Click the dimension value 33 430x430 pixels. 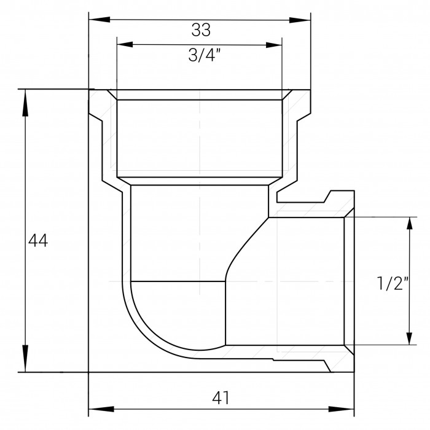(x=201, y=30)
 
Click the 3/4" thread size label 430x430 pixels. (x=205, y=55)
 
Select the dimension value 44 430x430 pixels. (x=38, y=241)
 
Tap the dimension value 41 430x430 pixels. (x=221, y=397)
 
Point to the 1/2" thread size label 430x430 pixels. (x=393, y=283)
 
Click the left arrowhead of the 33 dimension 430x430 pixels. (x=100, y=20)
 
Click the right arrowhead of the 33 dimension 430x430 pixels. (x=300, y=20)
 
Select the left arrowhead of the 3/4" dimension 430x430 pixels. (x=125, y=44)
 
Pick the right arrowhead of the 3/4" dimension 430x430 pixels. (x=274, y=45)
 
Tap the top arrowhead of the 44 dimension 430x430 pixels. (x=25, y=103)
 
